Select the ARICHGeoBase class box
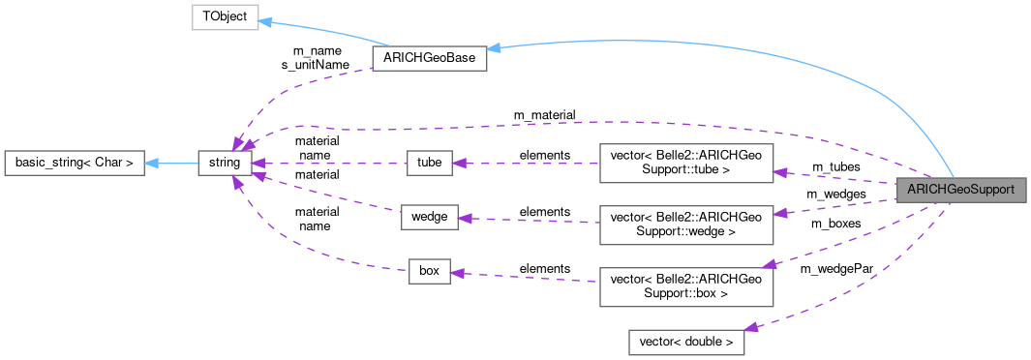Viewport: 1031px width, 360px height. point(428,59)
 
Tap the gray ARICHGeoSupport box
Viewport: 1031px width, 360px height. point(960,190)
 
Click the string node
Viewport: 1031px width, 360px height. point(225,163)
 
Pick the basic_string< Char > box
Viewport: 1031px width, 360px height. point(75,163)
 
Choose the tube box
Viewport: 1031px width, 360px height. point(429,163)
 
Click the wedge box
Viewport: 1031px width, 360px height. point(429,217)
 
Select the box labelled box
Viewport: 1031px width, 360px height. point(429,271)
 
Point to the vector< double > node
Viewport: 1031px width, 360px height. point(686,342)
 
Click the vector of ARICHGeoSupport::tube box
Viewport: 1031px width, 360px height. point(686,163)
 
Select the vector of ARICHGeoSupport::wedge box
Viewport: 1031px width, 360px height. point(686,225)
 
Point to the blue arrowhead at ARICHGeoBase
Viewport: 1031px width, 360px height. point(494,47)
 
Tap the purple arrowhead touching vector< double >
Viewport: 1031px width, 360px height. point(751,329)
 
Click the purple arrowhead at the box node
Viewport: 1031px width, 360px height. point(459,274)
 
